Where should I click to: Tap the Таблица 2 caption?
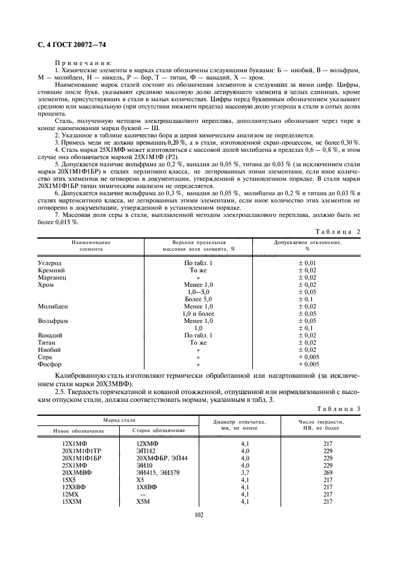coord(337,231)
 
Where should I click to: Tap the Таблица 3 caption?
coord(337,408)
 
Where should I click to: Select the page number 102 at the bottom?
coord(199,514)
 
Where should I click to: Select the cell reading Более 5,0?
coord(199,299)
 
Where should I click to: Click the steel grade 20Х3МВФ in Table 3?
coord(77,472)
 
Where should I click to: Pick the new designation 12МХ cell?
coord(70,494)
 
